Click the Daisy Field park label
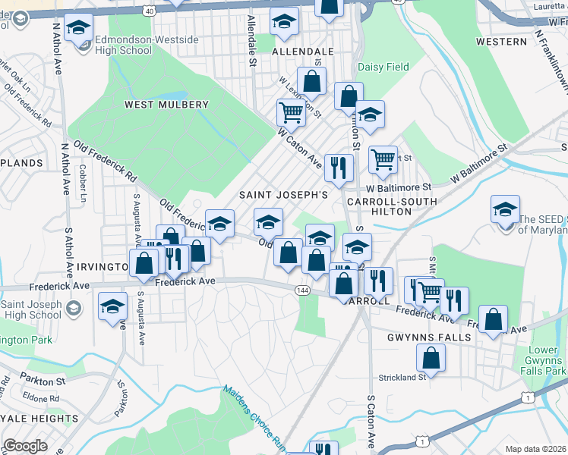pyautogui.click(x=383, y=67)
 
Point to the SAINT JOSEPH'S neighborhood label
pyautogui.click(x=284, y=195)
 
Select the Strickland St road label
pyautogui.click(x=402, y=377)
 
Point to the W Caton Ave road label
pyautogui.click(x=301, y=149)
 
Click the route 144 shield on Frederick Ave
pyautogui.click(x=304, y=290)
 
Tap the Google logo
pyautogui.click(x=25, y=446)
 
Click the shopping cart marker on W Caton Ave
pyautogui.click(x=292, y=113)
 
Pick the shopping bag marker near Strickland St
pyautogui.click(x=431, y=359)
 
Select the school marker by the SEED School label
pyautogui.click(x=505, y=209)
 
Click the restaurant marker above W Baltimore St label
pyautogui.click(x=338, y=166)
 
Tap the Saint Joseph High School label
pyautogui.click(x=31, y=309)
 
